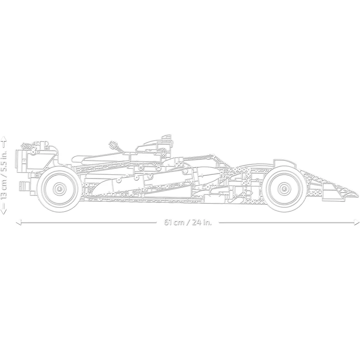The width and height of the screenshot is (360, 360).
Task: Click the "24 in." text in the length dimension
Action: (x=202, y=222)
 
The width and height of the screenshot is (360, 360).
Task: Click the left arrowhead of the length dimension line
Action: (x=18, y=222)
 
